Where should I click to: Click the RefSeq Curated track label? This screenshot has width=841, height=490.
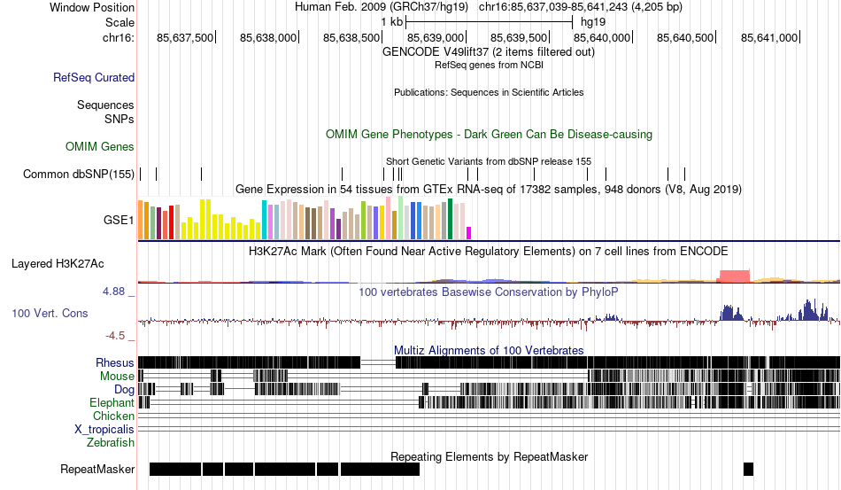[x=94, y=78]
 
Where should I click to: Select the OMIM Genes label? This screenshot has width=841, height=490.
[x=100, y=146]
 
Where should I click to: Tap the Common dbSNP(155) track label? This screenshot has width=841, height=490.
[x=79, y=175]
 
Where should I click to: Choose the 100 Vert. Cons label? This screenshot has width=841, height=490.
[x=50, y=313]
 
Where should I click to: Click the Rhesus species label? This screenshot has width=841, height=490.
[x=115, y=362]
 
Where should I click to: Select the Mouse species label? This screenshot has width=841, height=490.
[x=117, y=376]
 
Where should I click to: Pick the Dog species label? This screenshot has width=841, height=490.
[x=124, y=389]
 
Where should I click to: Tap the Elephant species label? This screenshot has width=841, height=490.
[x=112, y=402]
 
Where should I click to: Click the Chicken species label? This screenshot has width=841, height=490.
[x=114, y=416]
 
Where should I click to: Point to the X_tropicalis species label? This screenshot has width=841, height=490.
[x=104, y=429]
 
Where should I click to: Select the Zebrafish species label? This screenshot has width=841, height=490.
[x=111, y=442]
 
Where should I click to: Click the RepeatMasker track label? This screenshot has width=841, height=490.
[x=97, y=469]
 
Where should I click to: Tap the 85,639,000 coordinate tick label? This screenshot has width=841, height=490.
[x=436, y=38]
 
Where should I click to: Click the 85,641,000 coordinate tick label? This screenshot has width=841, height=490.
[x=769, y=38]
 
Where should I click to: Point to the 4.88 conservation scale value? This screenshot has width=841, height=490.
[x=118, y=291]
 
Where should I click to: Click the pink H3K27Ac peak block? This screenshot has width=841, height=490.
[x=733, y=276]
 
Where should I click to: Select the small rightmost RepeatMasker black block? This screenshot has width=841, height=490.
[x=748, y=469]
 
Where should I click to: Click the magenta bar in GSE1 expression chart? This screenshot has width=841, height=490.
[x=469, y=232]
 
